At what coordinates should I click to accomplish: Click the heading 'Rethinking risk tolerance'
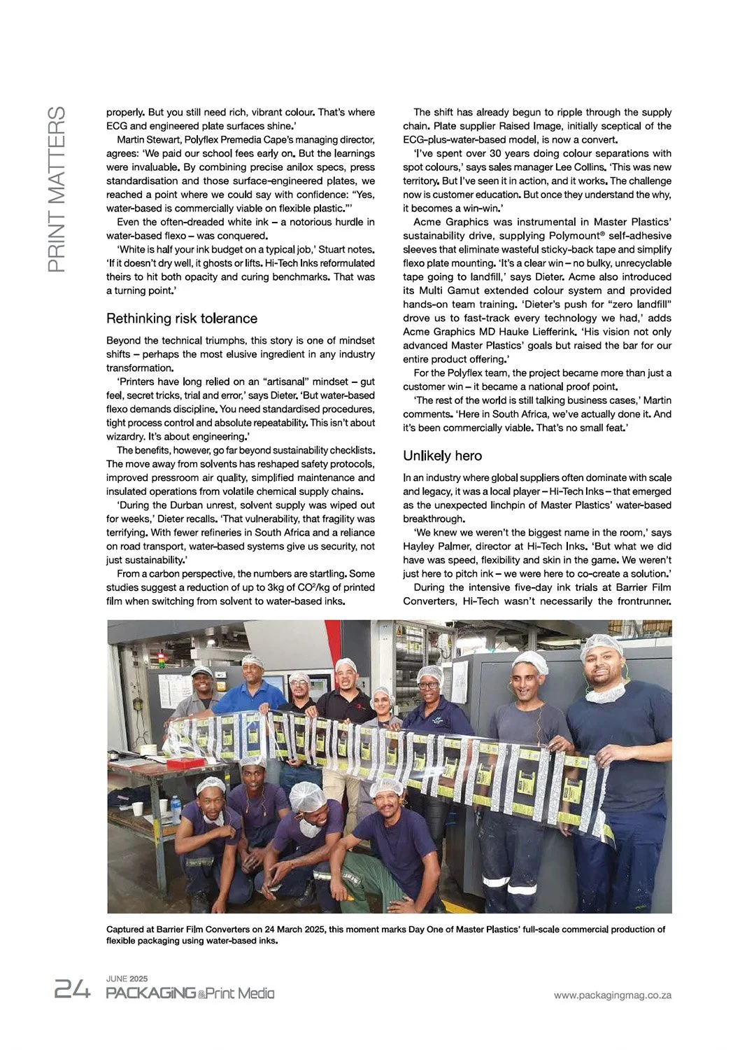pos(182,318)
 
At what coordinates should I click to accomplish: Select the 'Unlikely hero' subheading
pos(442,456)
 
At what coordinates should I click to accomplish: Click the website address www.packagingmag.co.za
pos(612,995)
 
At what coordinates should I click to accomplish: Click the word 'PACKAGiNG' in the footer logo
pos(150,993)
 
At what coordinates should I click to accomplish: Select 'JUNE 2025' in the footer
pos(127,979)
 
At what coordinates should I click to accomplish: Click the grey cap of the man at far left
pos(201,671)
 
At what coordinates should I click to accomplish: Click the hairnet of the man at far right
pos(601,644)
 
